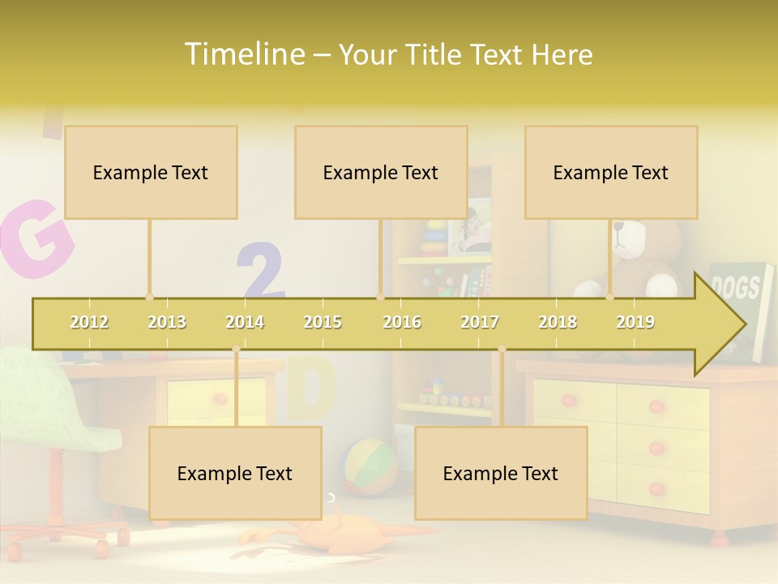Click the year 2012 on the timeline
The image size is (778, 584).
coord(89,322)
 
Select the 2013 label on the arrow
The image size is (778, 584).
coord(167,322)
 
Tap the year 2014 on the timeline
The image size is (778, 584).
coord(245,322)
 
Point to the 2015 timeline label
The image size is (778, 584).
coord(323,322)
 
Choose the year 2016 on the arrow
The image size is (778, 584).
coord(402,322)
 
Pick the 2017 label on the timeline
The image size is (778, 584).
coord(480,322)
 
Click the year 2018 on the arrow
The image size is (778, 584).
coord(558,322)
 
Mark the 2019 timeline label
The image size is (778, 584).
coord(635,322)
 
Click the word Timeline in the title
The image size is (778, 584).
coord(242,54)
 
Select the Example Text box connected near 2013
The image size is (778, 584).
coord(151,172)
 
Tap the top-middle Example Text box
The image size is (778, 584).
coord(381,172)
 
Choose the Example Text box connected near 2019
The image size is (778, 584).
coord(611,172)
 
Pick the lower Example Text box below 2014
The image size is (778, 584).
coord(235,473)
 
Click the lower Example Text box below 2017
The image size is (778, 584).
coord(501,473)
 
